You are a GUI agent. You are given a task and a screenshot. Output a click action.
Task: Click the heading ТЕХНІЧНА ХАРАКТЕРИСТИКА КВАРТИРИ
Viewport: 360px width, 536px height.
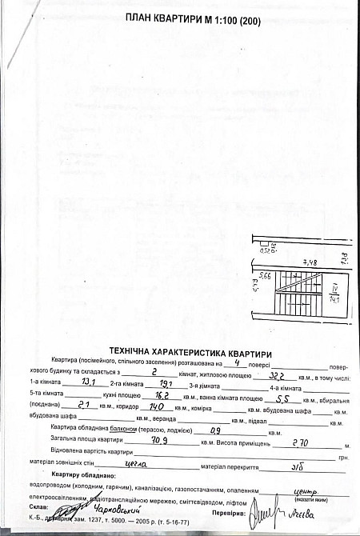190,352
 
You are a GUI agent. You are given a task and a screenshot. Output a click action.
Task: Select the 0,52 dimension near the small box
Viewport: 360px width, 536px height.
265,250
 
